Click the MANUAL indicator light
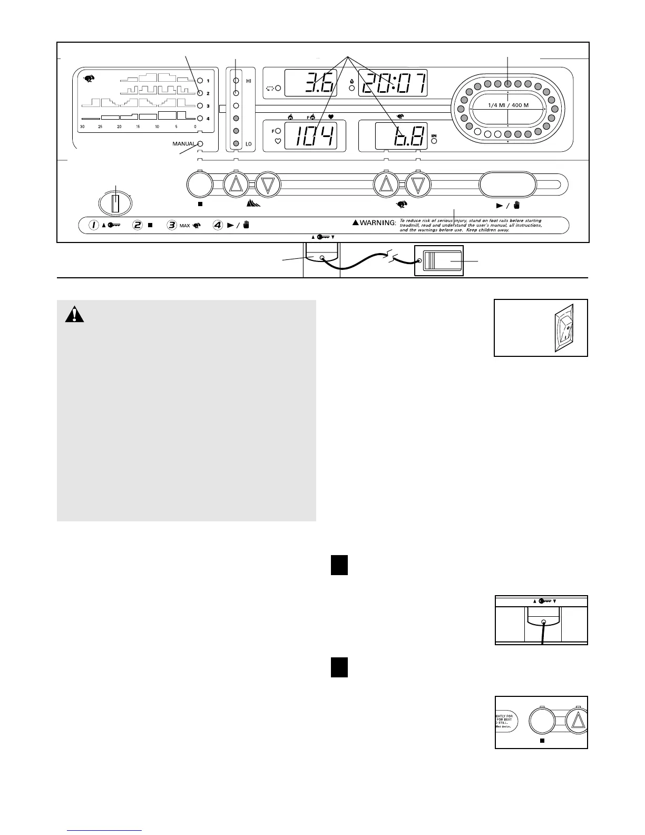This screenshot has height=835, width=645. point(200,143)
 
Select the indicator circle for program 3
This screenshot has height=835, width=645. point(200,106)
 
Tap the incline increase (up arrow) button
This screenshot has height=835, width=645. point(236,185)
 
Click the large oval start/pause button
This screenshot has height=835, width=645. point(507,185)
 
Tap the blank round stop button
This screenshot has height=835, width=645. point(200,185)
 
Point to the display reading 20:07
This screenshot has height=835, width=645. point(393,83)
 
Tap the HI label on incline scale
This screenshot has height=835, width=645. point(249,81)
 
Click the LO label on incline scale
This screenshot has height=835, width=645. point(249,143)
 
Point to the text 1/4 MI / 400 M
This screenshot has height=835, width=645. point(507,105)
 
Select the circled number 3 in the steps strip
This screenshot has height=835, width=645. point(172,225)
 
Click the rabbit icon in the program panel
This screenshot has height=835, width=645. point(90,79)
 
